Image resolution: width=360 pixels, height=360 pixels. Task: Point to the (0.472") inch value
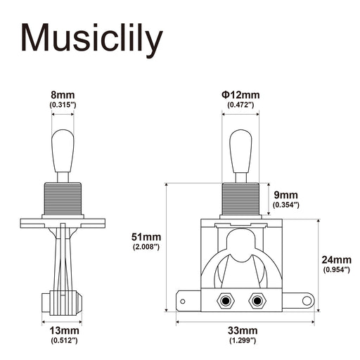point(240,104)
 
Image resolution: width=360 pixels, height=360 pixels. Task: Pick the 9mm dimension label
point(286,194)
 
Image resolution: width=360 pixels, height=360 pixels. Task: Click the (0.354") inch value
point(286,205)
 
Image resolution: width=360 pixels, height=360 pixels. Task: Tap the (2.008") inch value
point(146,247)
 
